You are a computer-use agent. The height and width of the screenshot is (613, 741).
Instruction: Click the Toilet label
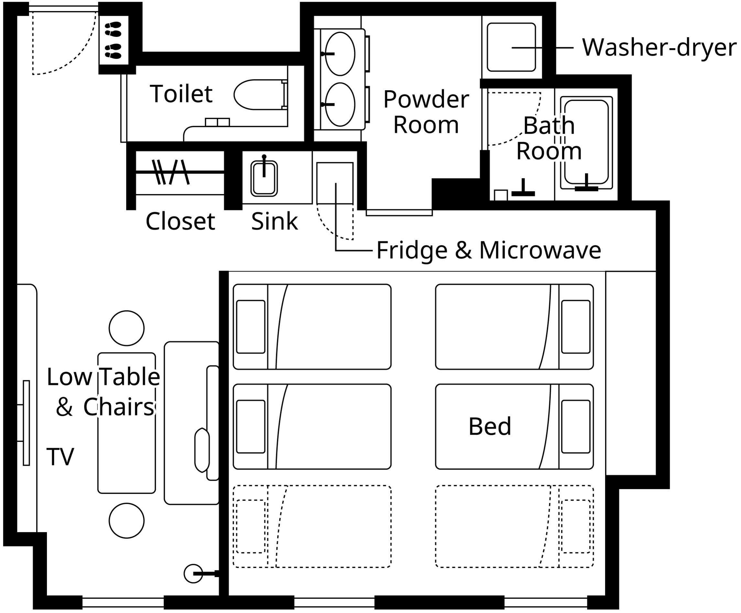[x=181, y=94]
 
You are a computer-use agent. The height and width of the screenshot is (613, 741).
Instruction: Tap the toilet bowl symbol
[x=260, y=94]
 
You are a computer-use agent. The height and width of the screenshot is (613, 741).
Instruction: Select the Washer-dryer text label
[x=659, y=48]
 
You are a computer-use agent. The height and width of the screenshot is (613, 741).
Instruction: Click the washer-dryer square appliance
[x=511, y=47]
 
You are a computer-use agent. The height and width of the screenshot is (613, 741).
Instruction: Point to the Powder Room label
[x=426, y=112]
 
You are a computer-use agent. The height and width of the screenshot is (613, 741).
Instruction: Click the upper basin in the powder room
[x=340, y=54]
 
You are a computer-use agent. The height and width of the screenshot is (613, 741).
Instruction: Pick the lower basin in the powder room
[x=340, y=104]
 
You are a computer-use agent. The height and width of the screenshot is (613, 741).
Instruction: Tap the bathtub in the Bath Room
[x=586, y=143]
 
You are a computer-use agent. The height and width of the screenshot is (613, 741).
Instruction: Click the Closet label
[x=180, y=221]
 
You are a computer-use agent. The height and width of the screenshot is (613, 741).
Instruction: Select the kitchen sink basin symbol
[x=264, y=178]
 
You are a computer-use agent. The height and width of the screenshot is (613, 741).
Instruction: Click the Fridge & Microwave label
[x=489, y=251]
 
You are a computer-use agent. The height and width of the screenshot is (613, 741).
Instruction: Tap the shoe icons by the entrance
[x=113, y=40]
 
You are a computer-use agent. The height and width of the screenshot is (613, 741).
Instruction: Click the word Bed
[x=490, y=426]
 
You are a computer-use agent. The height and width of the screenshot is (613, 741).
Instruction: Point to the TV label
[x=60, y=457]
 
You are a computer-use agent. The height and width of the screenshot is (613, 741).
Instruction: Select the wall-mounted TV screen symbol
[x=26, y=423]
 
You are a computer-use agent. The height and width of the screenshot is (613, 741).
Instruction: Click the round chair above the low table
[x=127, y=328]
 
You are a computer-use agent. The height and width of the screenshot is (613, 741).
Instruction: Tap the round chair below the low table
[x=127, y=521]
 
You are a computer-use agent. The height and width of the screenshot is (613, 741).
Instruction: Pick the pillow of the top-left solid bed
[x=251, y=327]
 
